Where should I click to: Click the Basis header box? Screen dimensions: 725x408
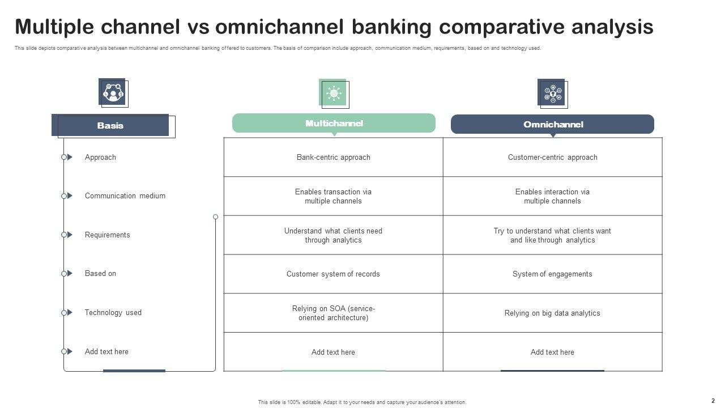(x=110, y=125)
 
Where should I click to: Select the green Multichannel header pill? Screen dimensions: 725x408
(x=334, y=123)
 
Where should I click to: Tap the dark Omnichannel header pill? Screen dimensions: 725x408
(x=552, y=124)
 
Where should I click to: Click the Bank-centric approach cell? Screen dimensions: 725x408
(x=334, y=158)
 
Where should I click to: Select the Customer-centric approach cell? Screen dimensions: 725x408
(x=553, y=158)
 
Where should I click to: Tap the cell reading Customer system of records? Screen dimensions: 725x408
(x=334, y=274)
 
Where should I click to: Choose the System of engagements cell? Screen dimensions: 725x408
(x=553, y=274)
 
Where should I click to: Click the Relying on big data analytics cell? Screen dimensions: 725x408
(x=553, y=313)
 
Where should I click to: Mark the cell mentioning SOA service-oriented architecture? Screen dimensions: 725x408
(x=334, y=313)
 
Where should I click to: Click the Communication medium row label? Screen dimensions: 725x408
(x=125, y=195)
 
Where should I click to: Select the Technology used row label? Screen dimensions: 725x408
(x=113, y=312)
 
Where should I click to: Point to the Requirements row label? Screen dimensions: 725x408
(x=107, y=235)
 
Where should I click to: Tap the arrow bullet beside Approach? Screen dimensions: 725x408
(x=70, y=157)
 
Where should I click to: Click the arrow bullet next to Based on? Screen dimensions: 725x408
(x=70, y=274)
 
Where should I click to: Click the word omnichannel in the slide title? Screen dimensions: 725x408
(x=279, y=27)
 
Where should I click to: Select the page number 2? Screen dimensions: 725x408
(x=713, y=401)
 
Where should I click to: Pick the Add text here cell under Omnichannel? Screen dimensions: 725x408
(x=553, y=352)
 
